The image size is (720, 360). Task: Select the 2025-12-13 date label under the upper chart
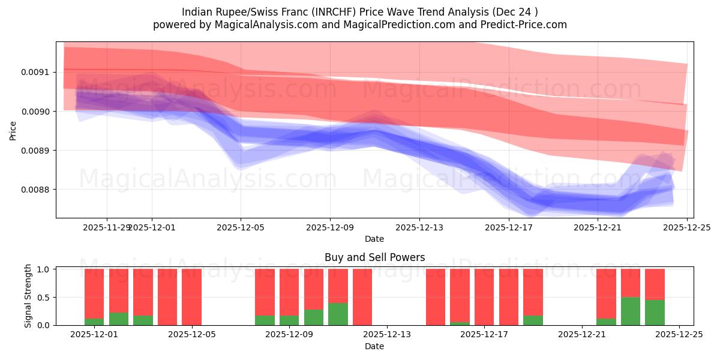tap(419, 227)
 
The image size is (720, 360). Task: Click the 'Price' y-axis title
tap(13, 130)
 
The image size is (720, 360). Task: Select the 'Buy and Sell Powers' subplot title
tap(374, 257)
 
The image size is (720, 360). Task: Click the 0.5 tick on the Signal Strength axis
tap(44, 298)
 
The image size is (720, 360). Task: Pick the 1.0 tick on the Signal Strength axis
tap(44, 269)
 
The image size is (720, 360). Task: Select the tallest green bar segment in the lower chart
tap(631, 311)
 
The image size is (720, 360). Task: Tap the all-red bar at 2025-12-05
tap(191, 297)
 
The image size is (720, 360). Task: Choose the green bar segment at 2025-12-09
tap(289, 320)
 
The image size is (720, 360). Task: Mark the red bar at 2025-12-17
tap(508, 297)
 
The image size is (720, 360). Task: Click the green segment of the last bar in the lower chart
tap(655, 313)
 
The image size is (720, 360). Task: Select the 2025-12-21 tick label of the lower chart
tap(582, 335)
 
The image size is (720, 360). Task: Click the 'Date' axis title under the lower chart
tap(374, 346)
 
